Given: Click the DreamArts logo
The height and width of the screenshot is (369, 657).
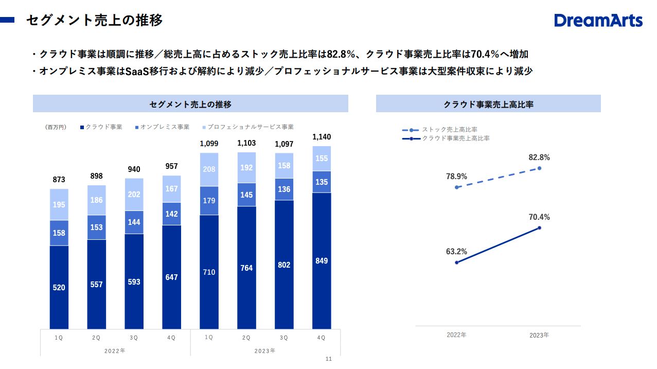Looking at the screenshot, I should click(598, 21).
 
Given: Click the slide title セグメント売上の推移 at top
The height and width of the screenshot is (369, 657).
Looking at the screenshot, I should click(94, 20).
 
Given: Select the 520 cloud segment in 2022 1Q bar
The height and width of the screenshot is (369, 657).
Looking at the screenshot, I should click(59, 287).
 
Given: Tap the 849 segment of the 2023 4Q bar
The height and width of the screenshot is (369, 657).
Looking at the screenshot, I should click(322, 260).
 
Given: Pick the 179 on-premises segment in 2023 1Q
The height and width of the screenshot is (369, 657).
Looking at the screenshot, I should click(209, 201).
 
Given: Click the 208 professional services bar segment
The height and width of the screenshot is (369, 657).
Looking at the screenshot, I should click(209, 169).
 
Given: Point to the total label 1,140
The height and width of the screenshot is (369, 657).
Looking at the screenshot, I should click(322, 137).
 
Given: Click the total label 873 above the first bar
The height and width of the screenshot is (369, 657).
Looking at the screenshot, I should click(59, 180).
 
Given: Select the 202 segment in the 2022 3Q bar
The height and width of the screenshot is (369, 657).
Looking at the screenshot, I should click(134, 195).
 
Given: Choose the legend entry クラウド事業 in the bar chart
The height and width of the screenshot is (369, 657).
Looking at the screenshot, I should click(103, 127).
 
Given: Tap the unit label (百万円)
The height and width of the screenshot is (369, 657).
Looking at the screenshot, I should click(56, 127).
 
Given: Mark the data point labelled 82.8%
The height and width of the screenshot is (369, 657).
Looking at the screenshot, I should click(539, 168).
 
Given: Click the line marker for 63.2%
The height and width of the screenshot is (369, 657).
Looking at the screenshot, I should click(456, 262).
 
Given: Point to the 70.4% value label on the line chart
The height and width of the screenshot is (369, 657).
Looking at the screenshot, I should click(539, 217).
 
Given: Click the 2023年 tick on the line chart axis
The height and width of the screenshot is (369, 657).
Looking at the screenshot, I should click(539, 335).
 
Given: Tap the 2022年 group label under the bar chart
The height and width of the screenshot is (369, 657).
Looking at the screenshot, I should click(115, 350).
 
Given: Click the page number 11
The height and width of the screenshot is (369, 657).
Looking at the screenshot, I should click(329, 359).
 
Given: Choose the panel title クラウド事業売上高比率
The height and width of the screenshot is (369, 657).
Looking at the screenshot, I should click(488, 104).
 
